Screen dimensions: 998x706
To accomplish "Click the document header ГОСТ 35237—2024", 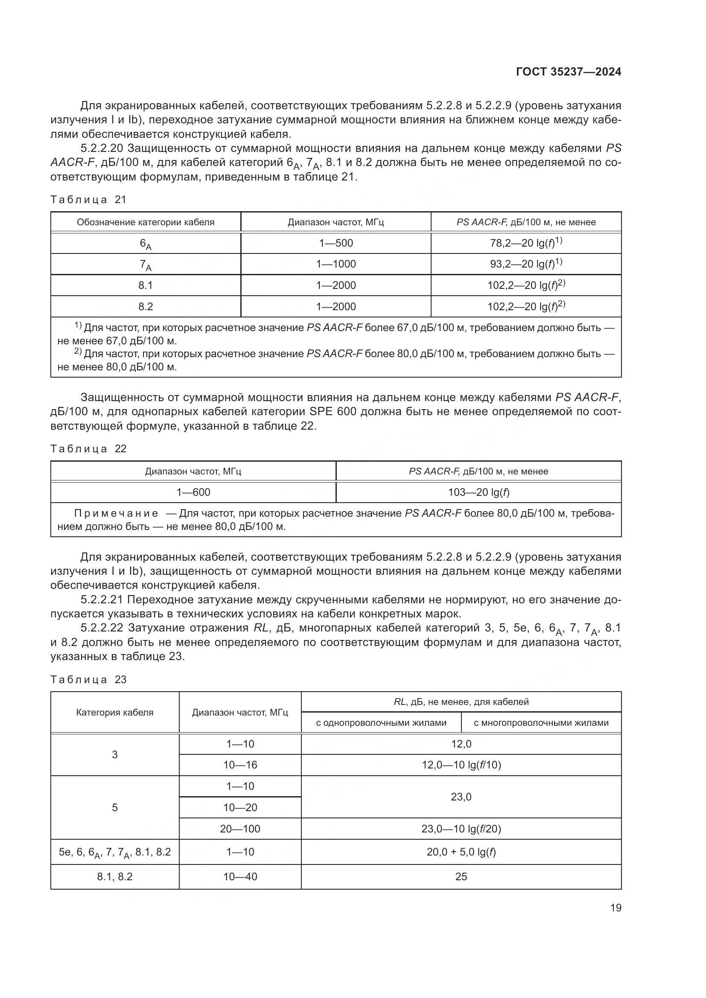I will click(568, 72).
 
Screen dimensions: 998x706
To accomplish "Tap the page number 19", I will click(616, 908).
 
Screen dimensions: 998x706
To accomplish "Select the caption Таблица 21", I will click(88, 200).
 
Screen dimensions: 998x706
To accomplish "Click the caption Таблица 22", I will click(88, 448).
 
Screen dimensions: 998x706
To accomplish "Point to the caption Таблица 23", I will click(88, 679).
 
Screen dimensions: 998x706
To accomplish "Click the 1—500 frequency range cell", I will click(335, 243).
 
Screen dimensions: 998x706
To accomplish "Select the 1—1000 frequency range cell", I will click(335, 264).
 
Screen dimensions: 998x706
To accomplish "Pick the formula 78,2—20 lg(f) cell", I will click(525, 242).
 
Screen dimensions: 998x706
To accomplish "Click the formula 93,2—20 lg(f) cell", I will click(525, 264).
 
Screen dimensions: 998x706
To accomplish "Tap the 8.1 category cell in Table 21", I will click(145, 285).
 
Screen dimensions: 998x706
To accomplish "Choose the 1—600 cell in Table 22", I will click(193, 492).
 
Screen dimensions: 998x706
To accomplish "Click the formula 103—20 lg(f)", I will click(478, 492).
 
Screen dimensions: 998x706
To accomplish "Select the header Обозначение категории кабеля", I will click(145, 222).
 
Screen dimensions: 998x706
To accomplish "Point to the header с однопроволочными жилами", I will click(381, 723).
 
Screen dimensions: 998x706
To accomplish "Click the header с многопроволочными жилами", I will click(541, 723).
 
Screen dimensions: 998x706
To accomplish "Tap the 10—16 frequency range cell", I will click(240, 765).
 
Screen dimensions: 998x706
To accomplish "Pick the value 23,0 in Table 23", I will click(461, 797).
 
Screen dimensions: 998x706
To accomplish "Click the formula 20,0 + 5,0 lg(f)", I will click(461, 852).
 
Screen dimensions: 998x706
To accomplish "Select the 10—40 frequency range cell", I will click(240, 877).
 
